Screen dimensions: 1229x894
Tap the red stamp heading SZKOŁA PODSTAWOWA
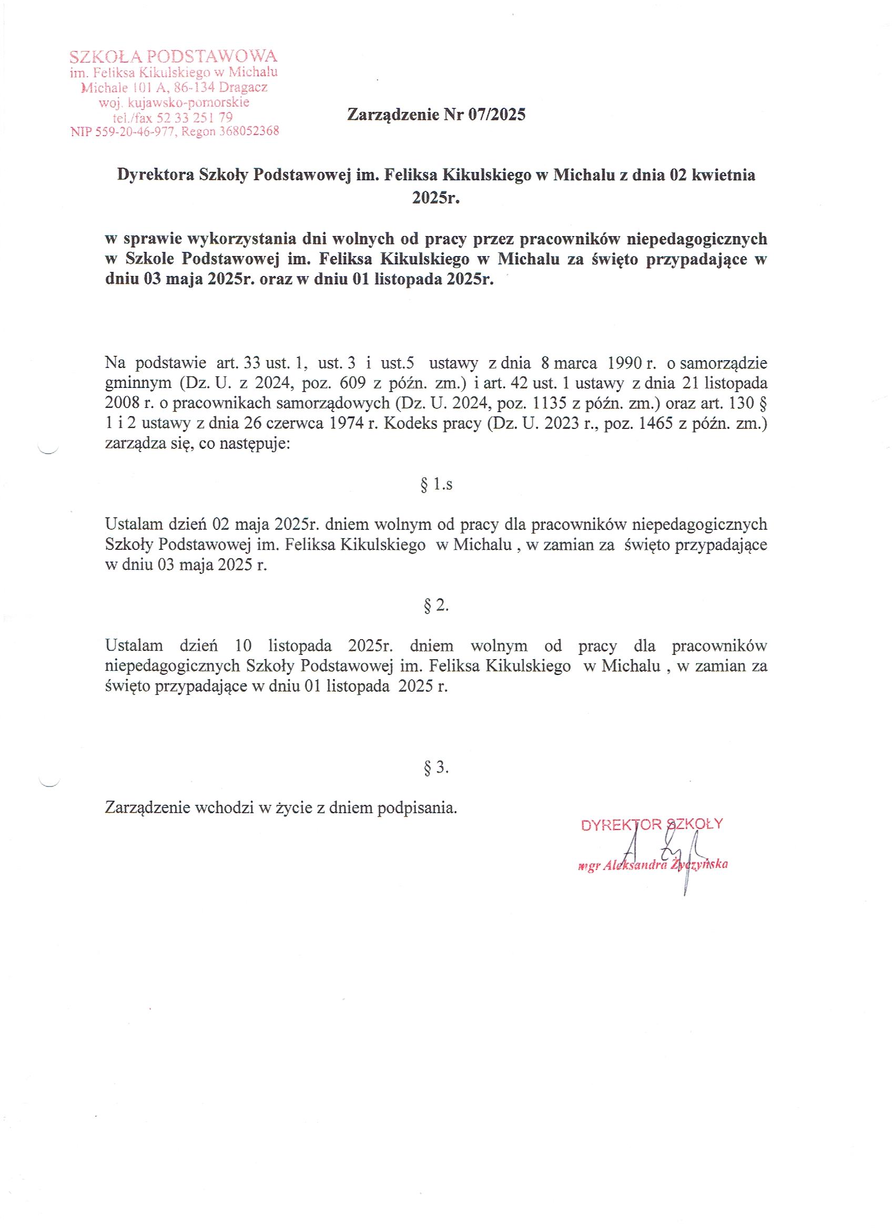tap(174, 56)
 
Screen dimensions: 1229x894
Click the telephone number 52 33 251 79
tap(195, 117)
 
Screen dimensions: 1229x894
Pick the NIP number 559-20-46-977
tap(136, 131)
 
